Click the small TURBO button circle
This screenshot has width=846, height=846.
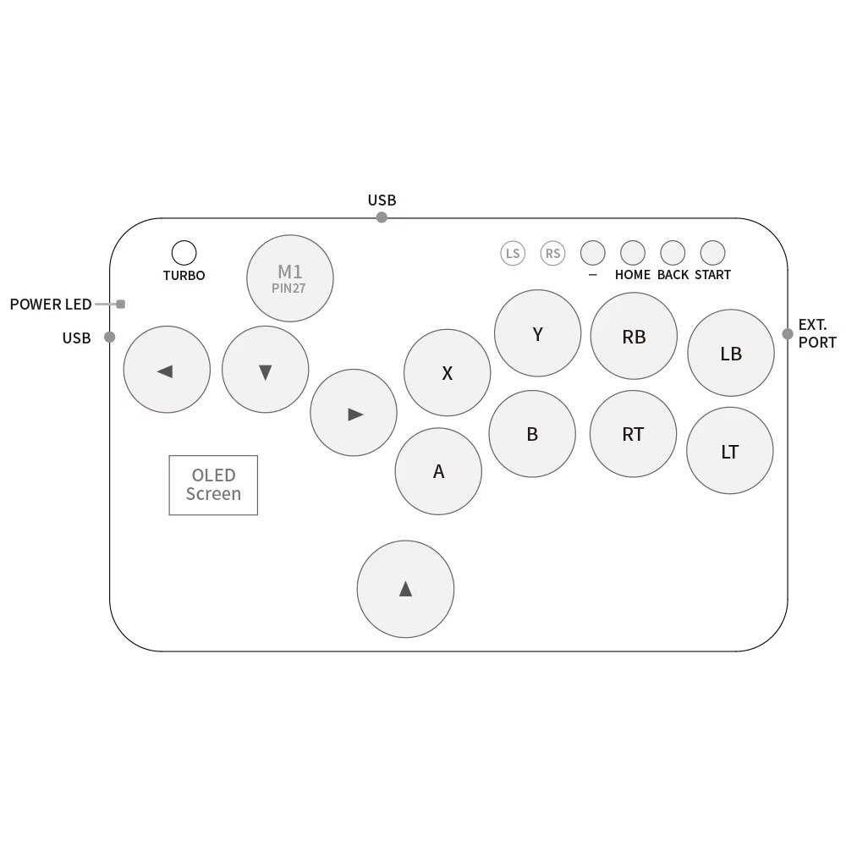coord(184,253)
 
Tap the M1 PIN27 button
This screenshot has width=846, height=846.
coord(289,278)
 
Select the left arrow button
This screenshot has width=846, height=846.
coord(167,370)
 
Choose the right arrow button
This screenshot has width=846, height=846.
coord(354,413)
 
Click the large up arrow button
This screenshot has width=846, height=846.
coord(406,589)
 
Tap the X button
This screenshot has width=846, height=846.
coord(448,373)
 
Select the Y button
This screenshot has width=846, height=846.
coord(538,333)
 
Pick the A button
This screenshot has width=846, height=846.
coord(438,471)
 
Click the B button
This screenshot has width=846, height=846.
coord(532,434)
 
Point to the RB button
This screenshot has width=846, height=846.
coord(634,336)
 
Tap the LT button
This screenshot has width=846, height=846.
coord(730,451)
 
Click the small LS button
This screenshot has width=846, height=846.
coord(513,253)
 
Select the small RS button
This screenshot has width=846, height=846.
coord(553,253)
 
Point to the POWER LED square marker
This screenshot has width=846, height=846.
coord(121,305)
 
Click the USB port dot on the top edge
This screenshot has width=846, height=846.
coord(382,217)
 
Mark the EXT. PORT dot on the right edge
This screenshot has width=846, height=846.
coord(788,334)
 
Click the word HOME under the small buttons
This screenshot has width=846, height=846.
coord(633,275)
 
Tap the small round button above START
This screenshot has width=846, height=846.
coord(712,253)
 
